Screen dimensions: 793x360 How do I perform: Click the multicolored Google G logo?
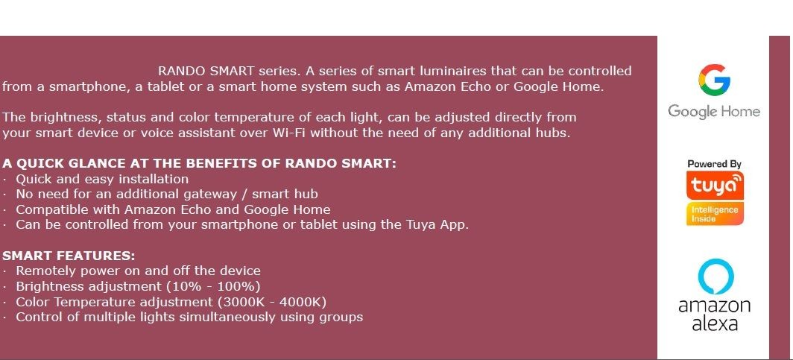[714, 79]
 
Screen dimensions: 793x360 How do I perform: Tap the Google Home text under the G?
[713, 111]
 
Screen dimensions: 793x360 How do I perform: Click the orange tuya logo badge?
[715, 185]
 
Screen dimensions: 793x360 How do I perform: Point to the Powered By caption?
[714, 164]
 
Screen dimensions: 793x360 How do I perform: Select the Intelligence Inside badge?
[715, 214]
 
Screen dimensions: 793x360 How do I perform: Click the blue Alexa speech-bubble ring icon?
[715, 277]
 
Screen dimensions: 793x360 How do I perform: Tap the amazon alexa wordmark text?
[715, 315]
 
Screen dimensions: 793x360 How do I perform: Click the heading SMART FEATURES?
[69, 256]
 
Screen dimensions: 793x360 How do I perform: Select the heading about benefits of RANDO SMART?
[199, 163]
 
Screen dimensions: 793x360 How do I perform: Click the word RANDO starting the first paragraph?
[182, 71]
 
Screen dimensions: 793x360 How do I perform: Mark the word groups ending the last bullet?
[341, 318]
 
